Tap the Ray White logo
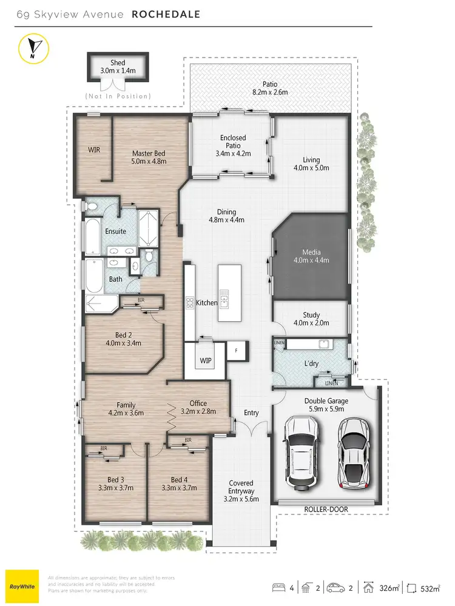point(22,587)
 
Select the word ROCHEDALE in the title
point(166,13)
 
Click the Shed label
point(118,62)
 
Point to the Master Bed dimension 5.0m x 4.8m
point(149,162)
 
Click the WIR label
point(93,149)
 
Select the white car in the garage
point(300,449)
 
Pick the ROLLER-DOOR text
point(326,510)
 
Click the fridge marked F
point(236,351)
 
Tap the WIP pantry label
point(206,361)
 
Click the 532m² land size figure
point(430,588)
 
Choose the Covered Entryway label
point(241,491)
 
